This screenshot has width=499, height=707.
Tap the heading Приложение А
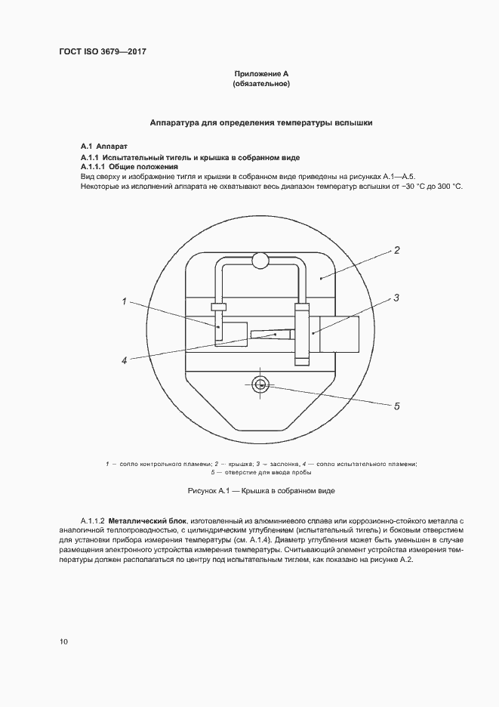coord(261,74)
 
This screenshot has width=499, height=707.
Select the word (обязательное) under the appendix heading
coord(261,84)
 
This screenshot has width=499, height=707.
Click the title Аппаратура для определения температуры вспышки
coord(260,122)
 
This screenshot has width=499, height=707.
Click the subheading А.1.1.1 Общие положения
coord(129,165)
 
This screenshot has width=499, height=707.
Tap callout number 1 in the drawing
coord(123,301)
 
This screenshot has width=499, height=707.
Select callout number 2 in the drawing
coord(396,251)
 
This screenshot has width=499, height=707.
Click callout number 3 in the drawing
coord(396,298)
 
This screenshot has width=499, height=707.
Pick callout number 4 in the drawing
coord(124,360)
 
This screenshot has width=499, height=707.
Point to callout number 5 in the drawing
coord(396,406)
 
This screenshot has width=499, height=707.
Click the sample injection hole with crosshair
coord(260,384)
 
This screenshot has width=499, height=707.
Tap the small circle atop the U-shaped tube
coord(260,261)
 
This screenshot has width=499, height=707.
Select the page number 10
coord(63,641)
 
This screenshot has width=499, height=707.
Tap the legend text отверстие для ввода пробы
coord(264,472)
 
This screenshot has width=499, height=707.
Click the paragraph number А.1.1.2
coord(92,521)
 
